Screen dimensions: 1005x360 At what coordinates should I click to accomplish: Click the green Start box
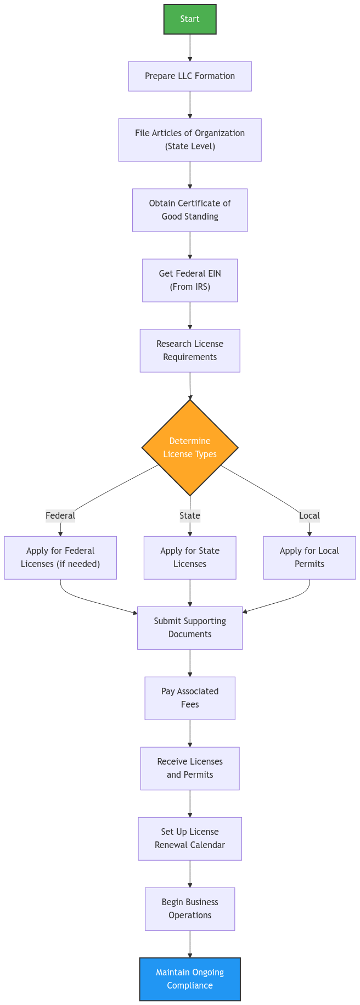click(x=190, y=19)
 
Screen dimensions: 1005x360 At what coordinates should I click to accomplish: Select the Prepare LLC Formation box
click(x=190, y=76)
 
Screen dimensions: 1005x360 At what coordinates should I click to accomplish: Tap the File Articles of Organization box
click(x=190, y=140)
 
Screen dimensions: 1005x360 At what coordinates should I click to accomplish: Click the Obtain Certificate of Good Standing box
click(x=190, y=210)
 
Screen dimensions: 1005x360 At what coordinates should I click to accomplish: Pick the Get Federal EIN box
click(x=190, y=280)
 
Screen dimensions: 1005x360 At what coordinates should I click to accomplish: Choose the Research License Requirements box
click(x=190, y=351)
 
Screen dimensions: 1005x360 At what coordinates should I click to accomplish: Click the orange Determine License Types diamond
click(x=190, y=447)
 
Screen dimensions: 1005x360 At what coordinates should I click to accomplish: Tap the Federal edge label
click(x=60, y=516)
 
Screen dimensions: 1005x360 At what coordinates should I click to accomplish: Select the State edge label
click(x=190, y=516)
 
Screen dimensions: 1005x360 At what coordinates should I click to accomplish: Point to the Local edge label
click(x=310, y=516)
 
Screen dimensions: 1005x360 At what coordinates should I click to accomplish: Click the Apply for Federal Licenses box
click(x=60, y=558)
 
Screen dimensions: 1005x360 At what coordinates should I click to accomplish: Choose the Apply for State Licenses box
click(x=190, y=558)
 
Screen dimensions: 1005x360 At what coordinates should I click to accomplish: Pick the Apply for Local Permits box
click(x=310, y=558)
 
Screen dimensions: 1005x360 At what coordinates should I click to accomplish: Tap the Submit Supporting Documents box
click(x=190, y=628)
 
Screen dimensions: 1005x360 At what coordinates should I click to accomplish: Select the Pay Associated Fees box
click(x=190, y=698)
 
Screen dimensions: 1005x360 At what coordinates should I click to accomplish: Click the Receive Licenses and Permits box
click(x=190, y=768)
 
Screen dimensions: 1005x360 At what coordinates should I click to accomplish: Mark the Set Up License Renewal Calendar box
click(x=190, y=839)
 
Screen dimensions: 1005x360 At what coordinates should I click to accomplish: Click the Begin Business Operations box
click(x=190, y=909)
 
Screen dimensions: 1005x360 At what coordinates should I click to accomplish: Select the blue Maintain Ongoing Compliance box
click(x=190, y=979)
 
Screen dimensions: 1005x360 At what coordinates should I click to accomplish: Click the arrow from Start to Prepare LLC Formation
click(x=190, y=48)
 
